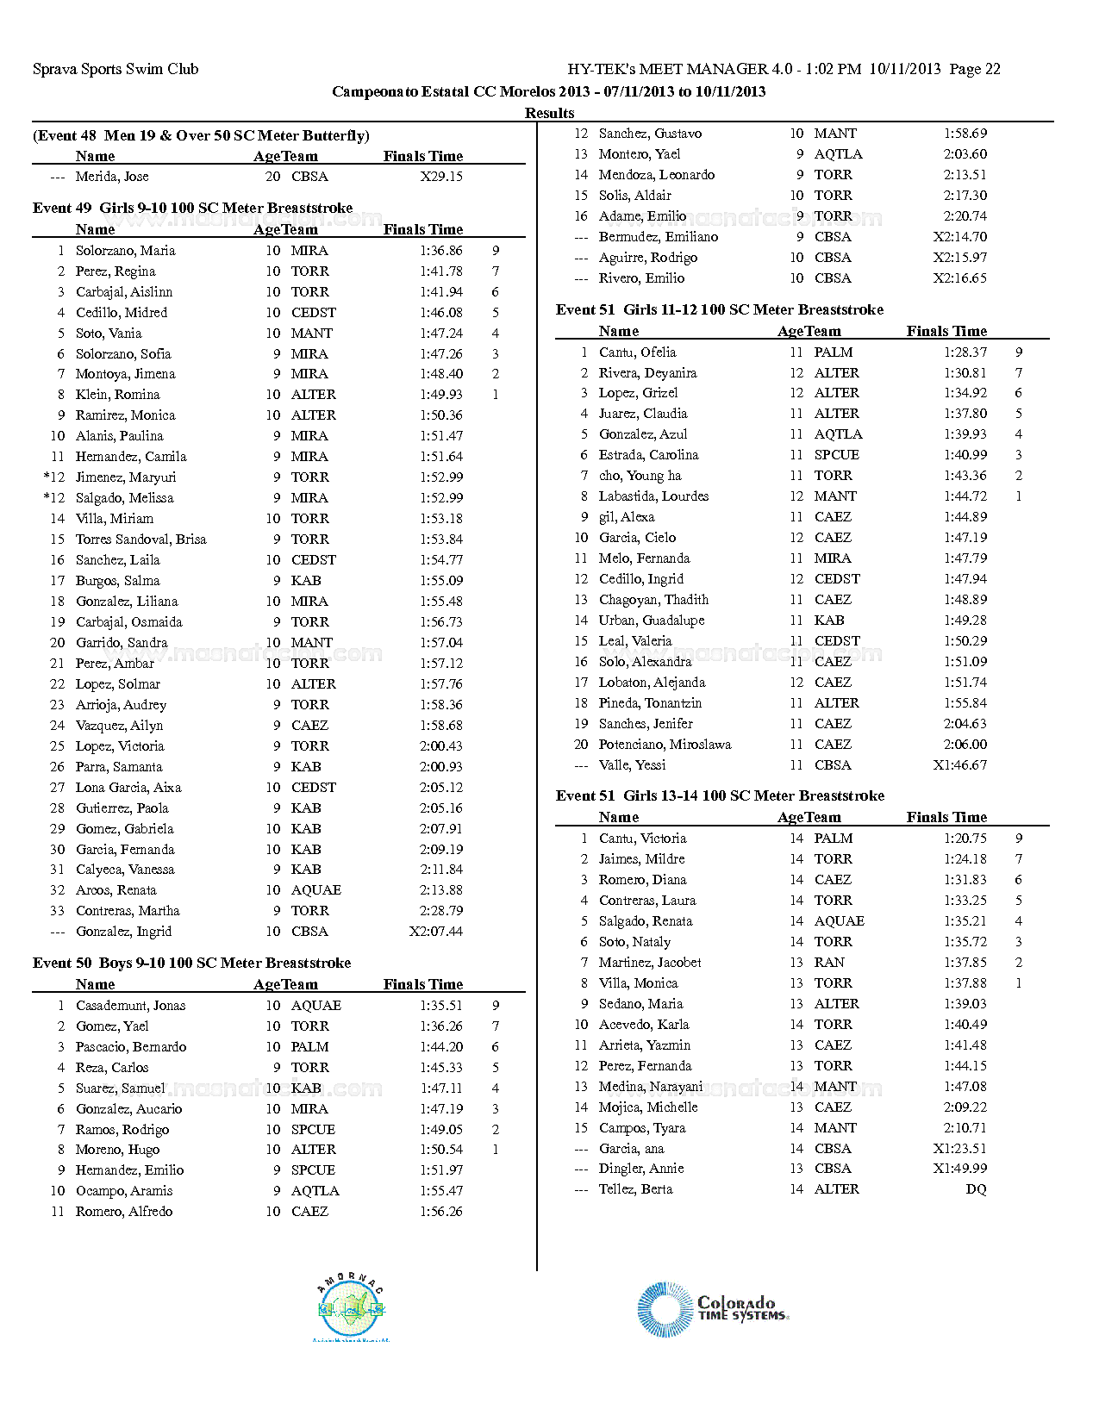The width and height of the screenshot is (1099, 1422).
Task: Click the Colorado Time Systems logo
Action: pyautogui.click(x=713, y=1309)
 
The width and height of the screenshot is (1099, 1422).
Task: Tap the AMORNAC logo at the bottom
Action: pyautogui.click(x=352, y=1308)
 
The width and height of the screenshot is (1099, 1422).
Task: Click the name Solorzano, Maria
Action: pyautogui.click(x=125, y=251)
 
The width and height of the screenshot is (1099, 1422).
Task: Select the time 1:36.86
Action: pyautogui.click(x=441, y=251)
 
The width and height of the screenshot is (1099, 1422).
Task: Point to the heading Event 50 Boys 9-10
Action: pyautogui.click(x=191, y=963)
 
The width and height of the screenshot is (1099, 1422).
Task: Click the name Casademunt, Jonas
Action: pyautogui.click(x=130, y=1006)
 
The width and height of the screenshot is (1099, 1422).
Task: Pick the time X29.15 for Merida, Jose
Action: pyautogui.click(x=441, y=177)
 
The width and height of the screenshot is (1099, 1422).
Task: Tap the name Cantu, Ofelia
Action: pyautogui.click(x=637, y=352)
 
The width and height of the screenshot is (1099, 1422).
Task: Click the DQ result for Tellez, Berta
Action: pyautogui.click(x=976, y=1189)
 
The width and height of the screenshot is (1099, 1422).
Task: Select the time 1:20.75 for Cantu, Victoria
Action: pyautogui.click(x=965, y=839)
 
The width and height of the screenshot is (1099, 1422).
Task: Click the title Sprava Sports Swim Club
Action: pyautogui.click(x=116, y=69)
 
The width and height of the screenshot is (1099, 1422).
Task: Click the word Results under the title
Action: pyautogui.click(x=549, y=113)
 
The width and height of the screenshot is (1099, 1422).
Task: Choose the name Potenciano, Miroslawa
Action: pyautogui.click(x=665, y=745)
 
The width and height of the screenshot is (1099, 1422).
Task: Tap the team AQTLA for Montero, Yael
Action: pyautogui.click(x=838, y=154)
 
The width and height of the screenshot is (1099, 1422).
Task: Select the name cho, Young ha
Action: pyautogui.click(x=640, y=476)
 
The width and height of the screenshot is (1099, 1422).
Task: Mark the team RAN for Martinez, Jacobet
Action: pyautogui.click(x=829, y=963)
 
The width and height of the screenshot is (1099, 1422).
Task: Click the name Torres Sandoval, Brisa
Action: pyautogui.click(x=140, y=539)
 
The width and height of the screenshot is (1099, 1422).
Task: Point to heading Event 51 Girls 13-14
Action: pyautogui.click(x=720, y=795)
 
